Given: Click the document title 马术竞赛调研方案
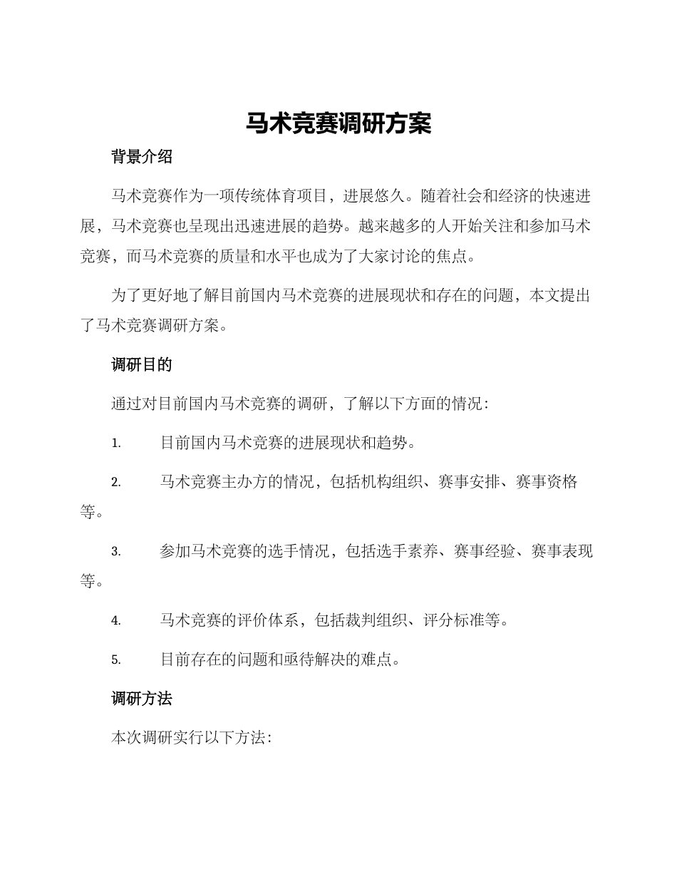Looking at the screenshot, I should (338, 123).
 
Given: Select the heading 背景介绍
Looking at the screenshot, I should (142, 157).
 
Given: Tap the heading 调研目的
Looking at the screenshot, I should (142, 364).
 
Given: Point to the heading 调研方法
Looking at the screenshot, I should (142, 699).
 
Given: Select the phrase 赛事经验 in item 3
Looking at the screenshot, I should (484, 551).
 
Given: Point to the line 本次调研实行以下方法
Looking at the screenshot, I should (188, 738).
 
